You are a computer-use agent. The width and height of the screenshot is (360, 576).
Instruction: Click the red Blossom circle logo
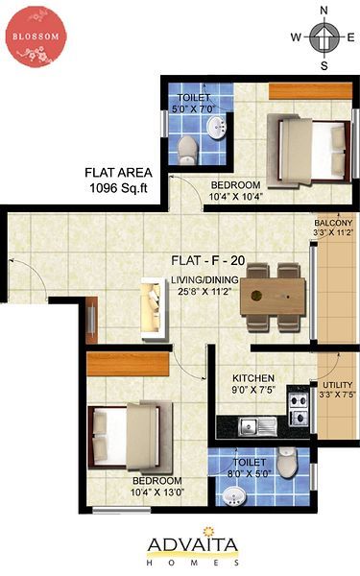[36, 36]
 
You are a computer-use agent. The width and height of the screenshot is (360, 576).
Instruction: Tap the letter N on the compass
[324, 11]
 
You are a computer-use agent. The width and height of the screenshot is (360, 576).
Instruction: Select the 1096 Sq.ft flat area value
[119, 188]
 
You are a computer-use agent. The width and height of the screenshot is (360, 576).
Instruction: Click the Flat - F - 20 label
[208, 260]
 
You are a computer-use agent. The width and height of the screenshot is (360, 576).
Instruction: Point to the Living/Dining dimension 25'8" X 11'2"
[204, 292]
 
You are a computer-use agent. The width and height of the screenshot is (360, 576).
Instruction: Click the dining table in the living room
[273, 297]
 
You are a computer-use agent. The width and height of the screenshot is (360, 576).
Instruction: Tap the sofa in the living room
[154, 309]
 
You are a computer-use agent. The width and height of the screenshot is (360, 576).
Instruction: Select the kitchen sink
[257, 426]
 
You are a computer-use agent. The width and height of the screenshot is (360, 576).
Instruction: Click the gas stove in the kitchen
[298, 409]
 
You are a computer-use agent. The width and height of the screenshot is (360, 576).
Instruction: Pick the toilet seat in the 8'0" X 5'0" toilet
[286, 463]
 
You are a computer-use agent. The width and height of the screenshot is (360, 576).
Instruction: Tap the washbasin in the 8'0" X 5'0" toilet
[233, 496]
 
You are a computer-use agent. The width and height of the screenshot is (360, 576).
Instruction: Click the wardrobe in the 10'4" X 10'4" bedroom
[310, 91]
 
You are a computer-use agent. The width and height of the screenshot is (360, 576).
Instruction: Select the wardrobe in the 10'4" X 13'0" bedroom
[128, 364]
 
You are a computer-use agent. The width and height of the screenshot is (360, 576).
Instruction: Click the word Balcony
[333, 223]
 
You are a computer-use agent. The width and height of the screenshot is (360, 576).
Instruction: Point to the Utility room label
[337, 385]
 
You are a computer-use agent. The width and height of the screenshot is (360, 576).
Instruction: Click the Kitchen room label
[253, 378]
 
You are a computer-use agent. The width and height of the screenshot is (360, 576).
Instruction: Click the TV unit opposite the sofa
[91, 320]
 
